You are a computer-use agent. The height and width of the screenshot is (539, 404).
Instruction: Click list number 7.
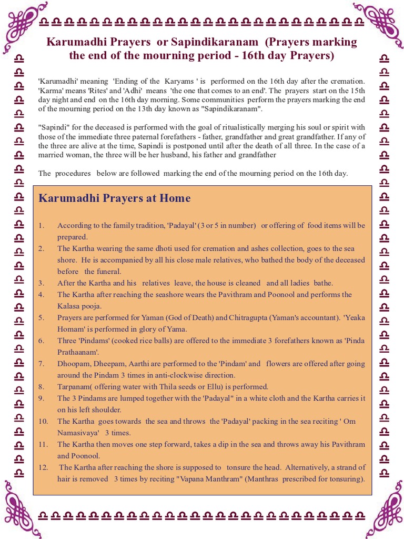point(42,364)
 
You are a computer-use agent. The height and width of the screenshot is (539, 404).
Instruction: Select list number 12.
point(43,467)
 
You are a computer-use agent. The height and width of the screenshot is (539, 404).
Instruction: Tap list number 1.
point(41,225)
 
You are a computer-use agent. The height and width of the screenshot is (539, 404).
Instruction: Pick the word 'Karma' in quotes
point(50,91)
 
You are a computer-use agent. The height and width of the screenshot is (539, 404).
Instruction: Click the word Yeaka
point(354,317)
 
